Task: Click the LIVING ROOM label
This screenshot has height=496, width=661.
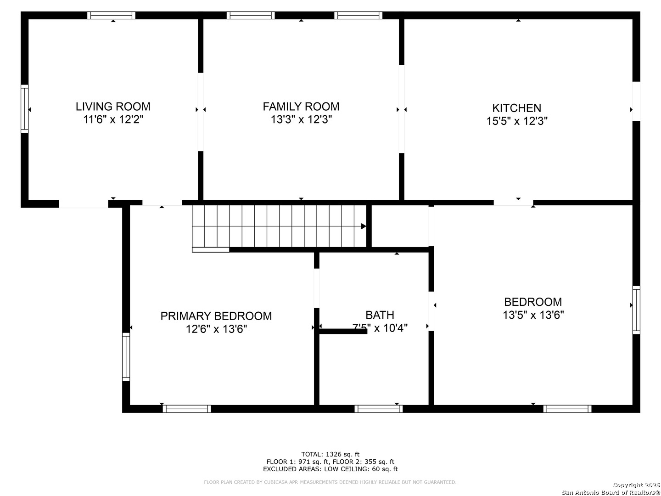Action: tap(113, 107)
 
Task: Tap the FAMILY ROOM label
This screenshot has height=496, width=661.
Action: tap(301, 107)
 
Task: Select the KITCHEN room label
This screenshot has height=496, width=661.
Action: tap(516, 108)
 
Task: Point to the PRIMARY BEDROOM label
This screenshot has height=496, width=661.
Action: tap(216, 316)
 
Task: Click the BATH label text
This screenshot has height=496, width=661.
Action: tap(380, 315)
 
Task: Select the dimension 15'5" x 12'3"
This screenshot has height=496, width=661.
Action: tap(517, 121)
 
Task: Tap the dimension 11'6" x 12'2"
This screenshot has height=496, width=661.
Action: tap(113, 120)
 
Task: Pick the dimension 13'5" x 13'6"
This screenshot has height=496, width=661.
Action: tap(533, 315)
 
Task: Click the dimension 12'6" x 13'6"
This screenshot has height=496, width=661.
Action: tap(216, 329)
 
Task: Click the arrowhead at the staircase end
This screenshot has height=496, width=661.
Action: tap(364, 226)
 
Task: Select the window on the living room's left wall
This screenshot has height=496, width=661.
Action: tap(25, 109)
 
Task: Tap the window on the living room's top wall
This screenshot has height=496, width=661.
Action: tap(112, 15)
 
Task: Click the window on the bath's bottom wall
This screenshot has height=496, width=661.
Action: tap(379, 409)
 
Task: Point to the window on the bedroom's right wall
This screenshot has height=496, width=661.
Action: tap(636, 310)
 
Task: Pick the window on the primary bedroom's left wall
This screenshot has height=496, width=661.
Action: tap(126, 356)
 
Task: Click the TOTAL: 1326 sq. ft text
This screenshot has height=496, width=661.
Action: tap(330, 454)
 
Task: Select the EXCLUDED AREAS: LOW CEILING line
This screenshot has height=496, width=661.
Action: tap(330, 469)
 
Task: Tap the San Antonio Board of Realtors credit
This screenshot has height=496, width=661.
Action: tap(611, 492)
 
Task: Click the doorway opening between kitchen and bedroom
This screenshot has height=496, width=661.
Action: tap(513, 202)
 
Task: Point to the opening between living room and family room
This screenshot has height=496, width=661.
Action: tap(201, 112)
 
